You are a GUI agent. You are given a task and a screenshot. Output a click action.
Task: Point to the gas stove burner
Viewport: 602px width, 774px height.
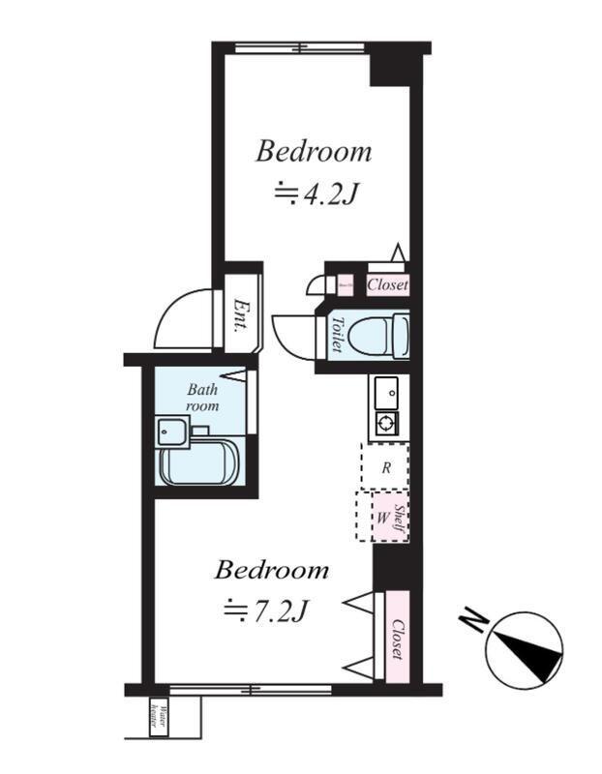pos(387,423)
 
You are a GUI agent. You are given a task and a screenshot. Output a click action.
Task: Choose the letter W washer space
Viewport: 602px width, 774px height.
pos(382,517)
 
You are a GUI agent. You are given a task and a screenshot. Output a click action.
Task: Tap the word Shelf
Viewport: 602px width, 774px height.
pos(401,516)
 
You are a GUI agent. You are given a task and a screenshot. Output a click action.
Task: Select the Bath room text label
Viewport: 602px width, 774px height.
pos(202,398)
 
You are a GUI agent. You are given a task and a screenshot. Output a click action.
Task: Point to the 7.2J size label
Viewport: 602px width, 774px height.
pos(266,610)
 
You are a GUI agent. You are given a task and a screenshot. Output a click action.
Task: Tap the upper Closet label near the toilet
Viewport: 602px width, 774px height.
pos(387,285)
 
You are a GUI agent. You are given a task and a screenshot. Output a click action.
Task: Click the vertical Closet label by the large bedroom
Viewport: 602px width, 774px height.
pos(397,639)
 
